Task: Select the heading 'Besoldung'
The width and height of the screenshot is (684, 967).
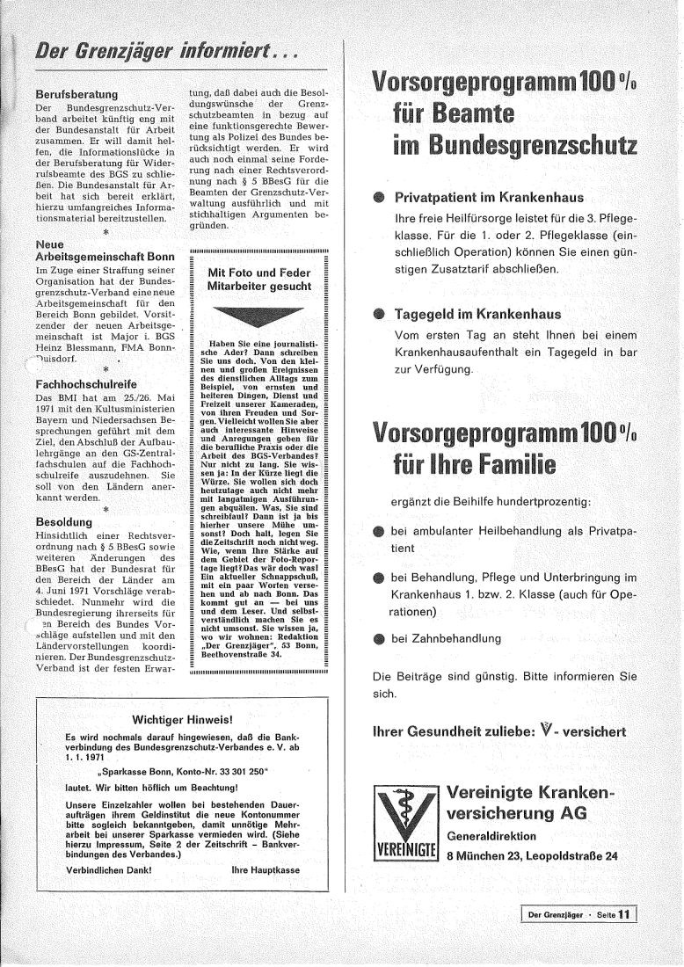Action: tap(65, 521)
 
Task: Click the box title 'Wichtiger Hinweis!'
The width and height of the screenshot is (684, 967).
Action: tap(181, 719)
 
